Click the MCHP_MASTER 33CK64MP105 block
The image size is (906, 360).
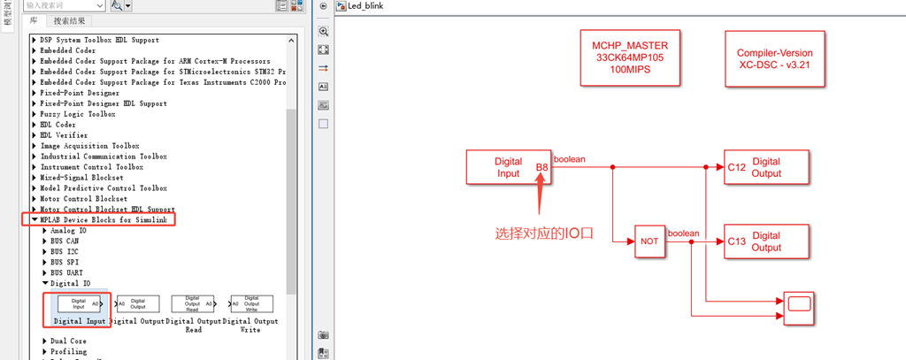click(631, 57)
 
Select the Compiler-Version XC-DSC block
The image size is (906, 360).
click(774, 58)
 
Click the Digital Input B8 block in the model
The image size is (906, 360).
click(509, 167)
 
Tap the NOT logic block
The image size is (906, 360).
click(649, 241)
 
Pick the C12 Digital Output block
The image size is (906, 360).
click(766, 167)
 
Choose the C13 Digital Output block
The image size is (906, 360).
click(766, 241)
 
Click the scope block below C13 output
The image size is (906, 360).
click(798, 305)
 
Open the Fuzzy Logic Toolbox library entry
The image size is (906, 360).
click(78, 114)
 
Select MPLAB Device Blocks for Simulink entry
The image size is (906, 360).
click(103, 219)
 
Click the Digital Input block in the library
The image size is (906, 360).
click(79, 304)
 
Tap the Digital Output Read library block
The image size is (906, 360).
click(193, 304)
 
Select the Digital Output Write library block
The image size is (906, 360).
click(251, 304)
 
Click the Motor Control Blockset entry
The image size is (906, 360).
click(82, 199)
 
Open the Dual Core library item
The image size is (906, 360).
click(68, 341)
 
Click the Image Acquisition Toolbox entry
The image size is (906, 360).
click(90, 146)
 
